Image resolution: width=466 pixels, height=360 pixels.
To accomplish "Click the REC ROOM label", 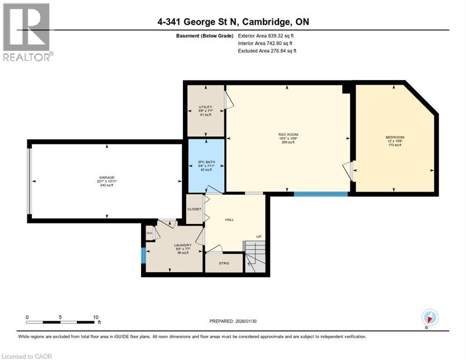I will coord(288,135).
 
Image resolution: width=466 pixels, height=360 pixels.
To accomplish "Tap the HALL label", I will coord(229,219).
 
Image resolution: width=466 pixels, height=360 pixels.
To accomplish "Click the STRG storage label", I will coord(224,263).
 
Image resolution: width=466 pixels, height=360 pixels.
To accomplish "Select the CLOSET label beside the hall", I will coord(194,209).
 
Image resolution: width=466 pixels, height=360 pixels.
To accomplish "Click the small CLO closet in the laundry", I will coord(149,232).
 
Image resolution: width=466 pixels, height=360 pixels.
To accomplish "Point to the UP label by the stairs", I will coord(258,237).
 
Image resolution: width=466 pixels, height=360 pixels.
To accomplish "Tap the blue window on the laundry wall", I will coord(143,255).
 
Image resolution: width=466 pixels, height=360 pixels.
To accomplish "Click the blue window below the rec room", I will coord(321,194).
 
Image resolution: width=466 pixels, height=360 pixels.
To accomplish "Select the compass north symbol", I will coord(430,317).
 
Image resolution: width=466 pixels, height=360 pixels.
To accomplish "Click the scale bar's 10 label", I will coord(96,317).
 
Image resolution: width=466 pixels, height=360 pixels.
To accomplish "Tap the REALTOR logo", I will coord(27,32).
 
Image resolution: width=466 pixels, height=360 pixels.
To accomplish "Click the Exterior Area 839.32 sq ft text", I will coord(266,36).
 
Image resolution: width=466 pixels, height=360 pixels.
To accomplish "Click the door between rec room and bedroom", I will coord(349,170).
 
